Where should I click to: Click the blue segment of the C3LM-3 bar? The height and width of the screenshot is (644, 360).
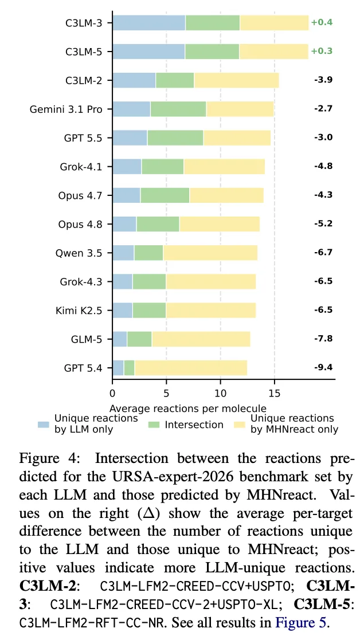pyautogui.click(x=149, y=22)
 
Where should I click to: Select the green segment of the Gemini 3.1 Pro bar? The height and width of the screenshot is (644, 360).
pyautogui.click(x=178, y=109)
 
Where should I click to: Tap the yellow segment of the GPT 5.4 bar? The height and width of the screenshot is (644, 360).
pyautogui.click(x=191, y=368)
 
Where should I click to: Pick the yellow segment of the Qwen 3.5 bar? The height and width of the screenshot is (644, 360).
pyautogui.click(x=210, y=253)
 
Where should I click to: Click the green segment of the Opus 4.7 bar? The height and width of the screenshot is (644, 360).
pyautogui.click(x=165, y=195)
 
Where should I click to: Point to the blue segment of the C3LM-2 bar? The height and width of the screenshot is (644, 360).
pyautogui.click(x=134, y=80)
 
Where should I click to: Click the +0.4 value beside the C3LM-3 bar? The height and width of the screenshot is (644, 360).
pyautogui.click(x=322, y=22)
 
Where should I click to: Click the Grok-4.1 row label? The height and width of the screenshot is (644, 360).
pyautogui.click(x=80, y=166)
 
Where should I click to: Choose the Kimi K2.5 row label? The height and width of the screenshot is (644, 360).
pyautogui.click(x=78, y=310)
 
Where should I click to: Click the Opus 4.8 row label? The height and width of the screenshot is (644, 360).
pyautogui.click(x=79, y=224)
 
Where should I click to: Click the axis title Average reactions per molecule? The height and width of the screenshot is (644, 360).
pyautogui.click(x=188, y=409)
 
